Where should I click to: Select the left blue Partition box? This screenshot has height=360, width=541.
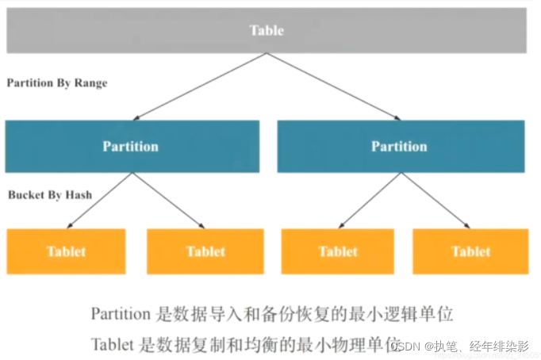(x=132, y=147)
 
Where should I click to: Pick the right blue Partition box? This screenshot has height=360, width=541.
(x=400, y=147)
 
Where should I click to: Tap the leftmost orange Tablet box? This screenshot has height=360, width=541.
(x=66, y=251)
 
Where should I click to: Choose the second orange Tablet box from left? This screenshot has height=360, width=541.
(x=205, y=251)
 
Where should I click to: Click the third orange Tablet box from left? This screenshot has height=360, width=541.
(x=339, y=251)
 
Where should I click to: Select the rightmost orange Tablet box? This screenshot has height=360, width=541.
(x=471, y=251)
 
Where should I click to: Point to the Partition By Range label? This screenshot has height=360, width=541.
(x=56, y=82)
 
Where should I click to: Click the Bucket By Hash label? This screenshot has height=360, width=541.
(x=50, y=194)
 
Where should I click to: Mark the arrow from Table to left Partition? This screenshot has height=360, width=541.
(x=198, y=86)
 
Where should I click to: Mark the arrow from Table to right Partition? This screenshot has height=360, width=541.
(x=333, y=86)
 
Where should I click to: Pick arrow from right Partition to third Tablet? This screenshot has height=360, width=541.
(x=369, y=199)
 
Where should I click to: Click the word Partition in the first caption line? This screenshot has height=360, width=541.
(x=120, y=314)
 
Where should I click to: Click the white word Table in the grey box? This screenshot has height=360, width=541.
(x=267, y=31)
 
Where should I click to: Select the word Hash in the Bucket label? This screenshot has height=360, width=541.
(x=78, y=194)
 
